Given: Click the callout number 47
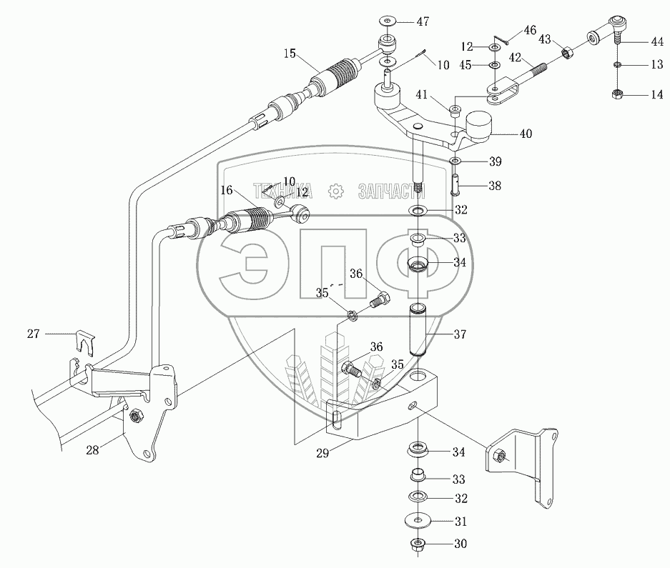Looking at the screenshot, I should pyautogui.click(x=423, y=21).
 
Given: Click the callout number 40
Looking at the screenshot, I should pyautogui.click(x=526, y=134).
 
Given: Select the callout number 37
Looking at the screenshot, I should pyautogui.click(x=459, y=334).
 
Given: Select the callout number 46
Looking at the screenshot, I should pyautogui.click(x=530, y=30).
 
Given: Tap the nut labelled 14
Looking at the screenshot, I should pyautogui.click(x=616, y=94).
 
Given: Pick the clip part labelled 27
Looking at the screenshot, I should pyautogui.click(x=85, y=342).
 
